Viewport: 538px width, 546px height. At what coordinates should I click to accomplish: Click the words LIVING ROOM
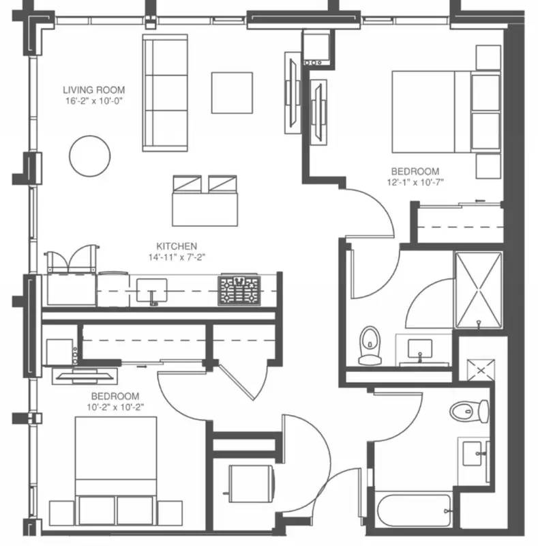[x=93, y=89]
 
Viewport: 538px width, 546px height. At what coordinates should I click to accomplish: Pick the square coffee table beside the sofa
[x=231, y=93]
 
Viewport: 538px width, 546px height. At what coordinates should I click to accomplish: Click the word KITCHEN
[x=177, y=246]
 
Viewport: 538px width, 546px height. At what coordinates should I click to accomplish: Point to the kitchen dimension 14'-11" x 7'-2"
[x=177, y=257]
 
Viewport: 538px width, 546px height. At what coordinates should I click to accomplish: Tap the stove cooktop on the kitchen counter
[x=239, y=290]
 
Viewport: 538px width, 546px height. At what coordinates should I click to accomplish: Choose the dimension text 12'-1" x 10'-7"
[x=415, y=182]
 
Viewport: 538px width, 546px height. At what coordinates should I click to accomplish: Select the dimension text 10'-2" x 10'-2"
[x=115, y=407]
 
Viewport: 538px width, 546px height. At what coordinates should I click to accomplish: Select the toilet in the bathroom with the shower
[x=370, y=345]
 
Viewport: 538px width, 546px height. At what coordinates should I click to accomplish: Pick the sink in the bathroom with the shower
[x=419, y=349]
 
